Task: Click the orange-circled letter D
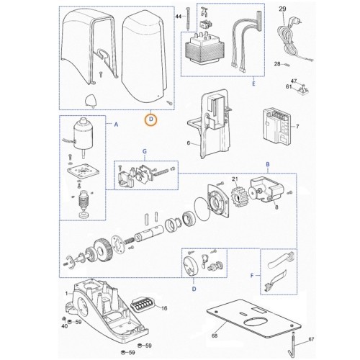point(150,120)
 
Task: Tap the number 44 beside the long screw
point(179,17)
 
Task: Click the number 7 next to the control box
point(297,126)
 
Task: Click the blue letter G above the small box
point(145,151)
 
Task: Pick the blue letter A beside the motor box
point(116,125)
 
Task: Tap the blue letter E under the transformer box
point(253,84)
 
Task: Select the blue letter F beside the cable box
point(252,276)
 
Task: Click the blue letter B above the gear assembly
point(268,164)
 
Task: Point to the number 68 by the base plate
point(215,336)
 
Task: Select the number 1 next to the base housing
point(66,293)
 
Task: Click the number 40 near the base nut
point(65,326)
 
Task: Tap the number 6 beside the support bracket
point(189,143)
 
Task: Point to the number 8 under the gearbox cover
point(276,207)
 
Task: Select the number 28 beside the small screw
point(277,64)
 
